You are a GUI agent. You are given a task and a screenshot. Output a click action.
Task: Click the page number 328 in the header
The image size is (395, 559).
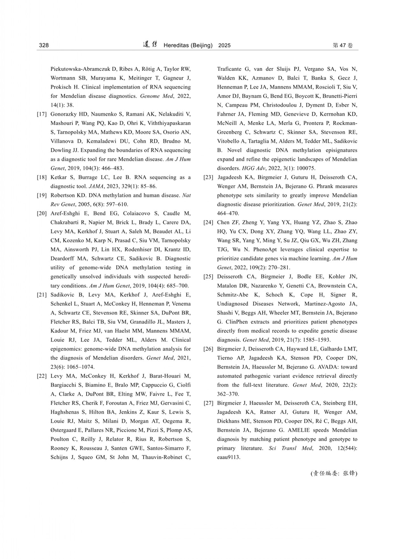tap(44, 46)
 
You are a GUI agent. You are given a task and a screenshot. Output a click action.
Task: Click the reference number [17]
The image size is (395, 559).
tap(42, 114)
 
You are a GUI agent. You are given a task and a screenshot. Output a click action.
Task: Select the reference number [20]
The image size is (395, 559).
tap(42, 213)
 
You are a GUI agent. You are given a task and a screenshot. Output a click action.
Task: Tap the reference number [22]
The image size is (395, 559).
tap(42, 376)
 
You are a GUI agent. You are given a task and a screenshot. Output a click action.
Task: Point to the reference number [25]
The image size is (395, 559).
tap(208, 276)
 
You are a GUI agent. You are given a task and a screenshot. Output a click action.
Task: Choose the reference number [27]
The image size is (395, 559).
tap(208, 403)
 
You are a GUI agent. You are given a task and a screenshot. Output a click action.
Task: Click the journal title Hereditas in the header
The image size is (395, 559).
tap(176, 46)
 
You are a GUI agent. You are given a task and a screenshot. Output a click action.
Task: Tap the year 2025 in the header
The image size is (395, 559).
tap(224, 46)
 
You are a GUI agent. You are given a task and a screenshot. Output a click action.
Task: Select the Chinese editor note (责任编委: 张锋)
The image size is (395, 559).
tap(334, 473)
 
